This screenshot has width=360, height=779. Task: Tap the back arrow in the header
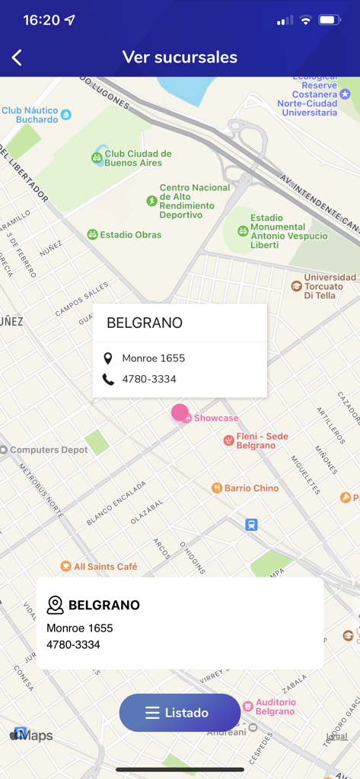tap(18, 58)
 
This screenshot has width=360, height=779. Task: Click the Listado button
tap(180, 713)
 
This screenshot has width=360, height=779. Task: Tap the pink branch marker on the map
tap(180, 413)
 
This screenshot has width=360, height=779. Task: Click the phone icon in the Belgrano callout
tap(108, 379)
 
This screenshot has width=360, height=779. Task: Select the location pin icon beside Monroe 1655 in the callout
tap(108, 358)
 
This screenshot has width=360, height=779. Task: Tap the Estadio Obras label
tap(130, 234)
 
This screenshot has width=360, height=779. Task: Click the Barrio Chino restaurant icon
tap(217, 488)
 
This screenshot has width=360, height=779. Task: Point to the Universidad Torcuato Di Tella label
tap(330, 286)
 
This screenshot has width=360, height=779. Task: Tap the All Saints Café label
tap(105, 566)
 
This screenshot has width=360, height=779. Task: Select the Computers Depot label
tap(48, 450)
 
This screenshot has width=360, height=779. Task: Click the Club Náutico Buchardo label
tap(30, 115)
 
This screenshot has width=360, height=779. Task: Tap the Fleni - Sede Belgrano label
tap(261, 440)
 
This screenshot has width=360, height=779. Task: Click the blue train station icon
tap(251, 524)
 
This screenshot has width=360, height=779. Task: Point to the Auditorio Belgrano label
tap(274, 707)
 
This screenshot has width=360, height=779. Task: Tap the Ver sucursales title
tap(180, 58)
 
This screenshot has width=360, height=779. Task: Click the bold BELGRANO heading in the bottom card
tap(104, 606)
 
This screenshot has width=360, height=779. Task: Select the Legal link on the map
tap(336, 736)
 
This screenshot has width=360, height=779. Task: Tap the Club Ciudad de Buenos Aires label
tap(138, 158)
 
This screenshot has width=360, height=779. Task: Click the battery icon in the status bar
tap(330, 20)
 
